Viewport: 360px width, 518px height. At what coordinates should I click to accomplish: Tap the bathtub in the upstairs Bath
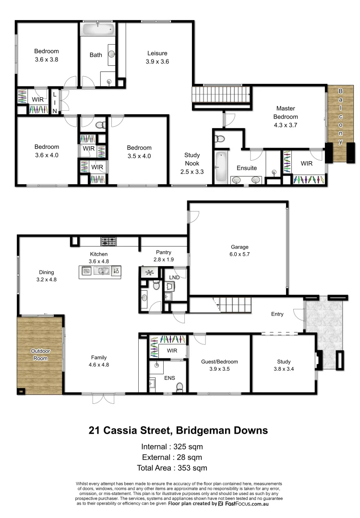98,30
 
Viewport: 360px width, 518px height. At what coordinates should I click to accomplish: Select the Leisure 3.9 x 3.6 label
157,58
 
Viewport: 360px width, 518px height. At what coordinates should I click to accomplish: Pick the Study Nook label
192,163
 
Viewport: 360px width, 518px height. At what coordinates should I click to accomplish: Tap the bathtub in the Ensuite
221,167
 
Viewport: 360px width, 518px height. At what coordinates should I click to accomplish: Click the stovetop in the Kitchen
108,241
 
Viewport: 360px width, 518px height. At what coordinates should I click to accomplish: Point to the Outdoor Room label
40,354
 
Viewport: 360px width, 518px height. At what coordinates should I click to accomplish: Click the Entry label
277,314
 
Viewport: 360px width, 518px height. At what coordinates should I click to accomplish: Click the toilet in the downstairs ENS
180,387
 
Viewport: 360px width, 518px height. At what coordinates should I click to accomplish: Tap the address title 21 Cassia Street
178,430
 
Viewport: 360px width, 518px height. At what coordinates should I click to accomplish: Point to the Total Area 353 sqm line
178,468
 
